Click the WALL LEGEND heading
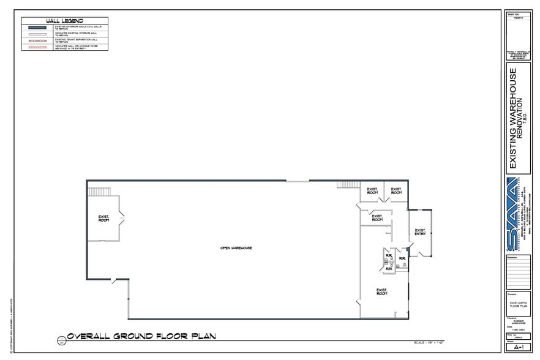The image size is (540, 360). click(x=64, y=21)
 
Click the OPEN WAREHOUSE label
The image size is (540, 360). click(x=237, y=247)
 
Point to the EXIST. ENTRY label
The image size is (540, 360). click(x=420, y=231)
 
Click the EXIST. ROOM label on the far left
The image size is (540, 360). click(x=103, y=218)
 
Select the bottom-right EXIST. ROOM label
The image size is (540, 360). click(x=382, y=291)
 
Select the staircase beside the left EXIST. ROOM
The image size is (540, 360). click(x=98, y=192)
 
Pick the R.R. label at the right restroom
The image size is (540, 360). click(x=402, y=258)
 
